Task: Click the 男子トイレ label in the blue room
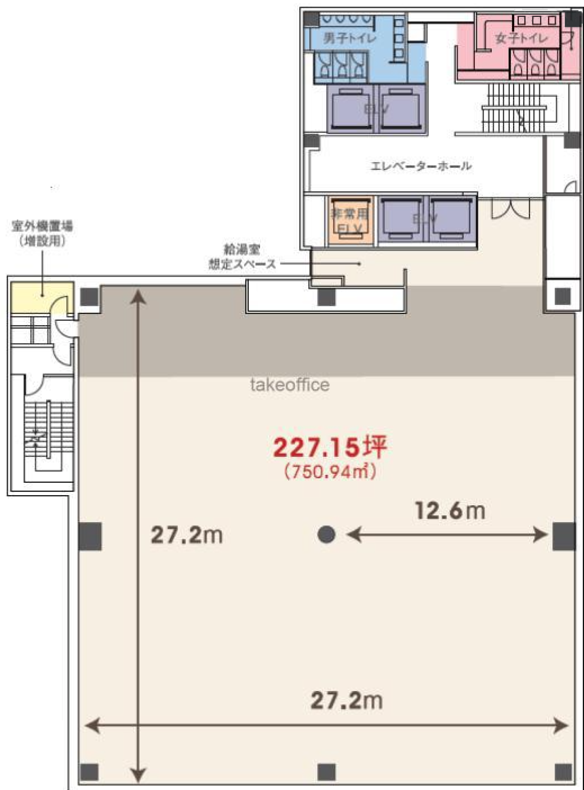pos(349,37)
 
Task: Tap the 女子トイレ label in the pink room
pos(521,38)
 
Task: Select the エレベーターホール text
pos(421,166)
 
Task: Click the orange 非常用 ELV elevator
pos(350,220)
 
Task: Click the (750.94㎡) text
pos(330,471)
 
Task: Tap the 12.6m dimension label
pos(449,510)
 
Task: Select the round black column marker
pos(326,534)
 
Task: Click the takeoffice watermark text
pos(290,385)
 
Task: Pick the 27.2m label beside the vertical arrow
pos(187,535)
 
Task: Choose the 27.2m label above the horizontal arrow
pos(346,700)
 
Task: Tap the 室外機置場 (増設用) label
pos(42,233)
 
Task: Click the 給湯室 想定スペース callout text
pos(242,256)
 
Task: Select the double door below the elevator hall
pos(510,209)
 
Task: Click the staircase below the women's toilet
pos(516,107)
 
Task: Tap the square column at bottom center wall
pos(326,772)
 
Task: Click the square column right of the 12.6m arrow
pos(564,536)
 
